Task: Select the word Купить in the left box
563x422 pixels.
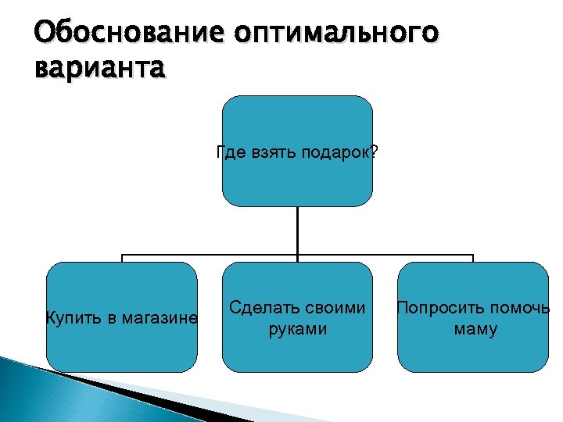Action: coord(72,318)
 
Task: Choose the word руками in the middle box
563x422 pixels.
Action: coord(297,329)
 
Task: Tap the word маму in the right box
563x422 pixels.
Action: coord(475,329)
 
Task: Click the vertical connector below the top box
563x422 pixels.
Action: coord(297,231)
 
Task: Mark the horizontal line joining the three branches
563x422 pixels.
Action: coord(211,255)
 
